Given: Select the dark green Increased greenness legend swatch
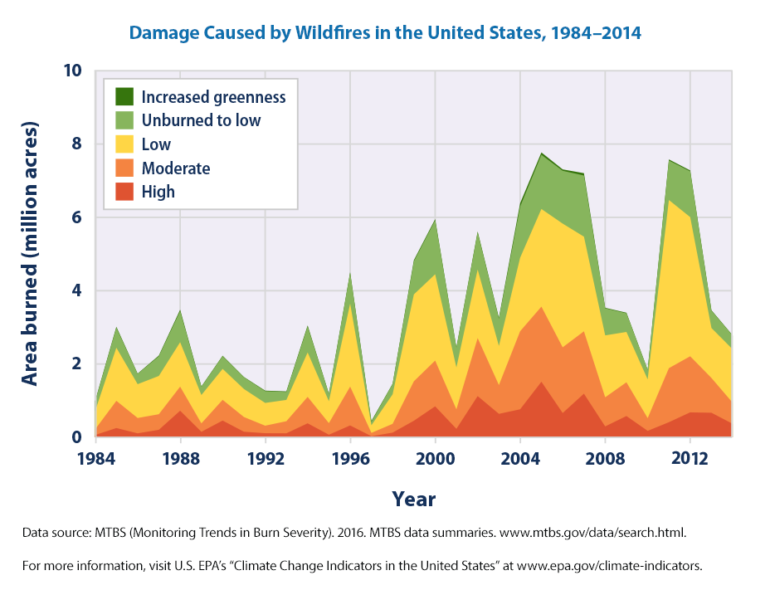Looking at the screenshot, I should tap(125, 96).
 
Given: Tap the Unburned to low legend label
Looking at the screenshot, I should tap(201, 120).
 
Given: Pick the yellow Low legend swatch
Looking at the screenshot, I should tap(125, 144).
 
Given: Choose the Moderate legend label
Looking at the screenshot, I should tap(176, 168).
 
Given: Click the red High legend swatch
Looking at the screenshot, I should tap(125, 192).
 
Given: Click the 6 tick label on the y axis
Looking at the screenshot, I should tap(76, 217).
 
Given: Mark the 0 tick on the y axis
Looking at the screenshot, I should tap(76, 437).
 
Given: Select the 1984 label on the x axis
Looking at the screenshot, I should tap(96, 459).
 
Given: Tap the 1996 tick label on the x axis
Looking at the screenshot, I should tap(350, 459).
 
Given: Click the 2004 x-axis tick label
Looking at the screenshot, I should tap(520, 459).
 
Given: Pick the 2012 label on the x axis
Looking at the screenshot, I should tap(690, 459).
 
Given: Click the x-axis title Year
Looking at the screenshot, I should tap(413, 500).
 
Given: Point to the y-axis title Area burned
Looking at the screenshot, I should tap(30, 254).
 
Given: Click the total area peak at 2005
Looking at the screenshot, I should tap(541, 154).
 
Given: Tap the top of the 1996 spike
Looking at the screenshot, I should tap(351, 272).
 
